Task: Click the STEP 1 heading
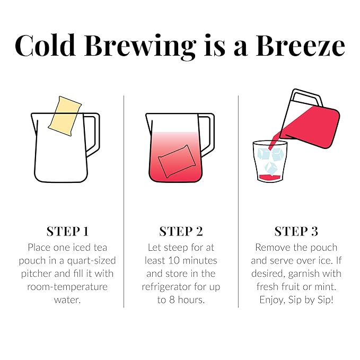(x=67, y=231)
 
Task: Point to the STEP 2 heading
(x=181, y=231)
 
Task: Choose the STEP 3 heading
(x=296, y=231)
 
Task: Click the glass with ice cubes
(x=269, y=162)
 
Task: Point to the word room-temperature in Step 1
(x=67, y=286)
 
